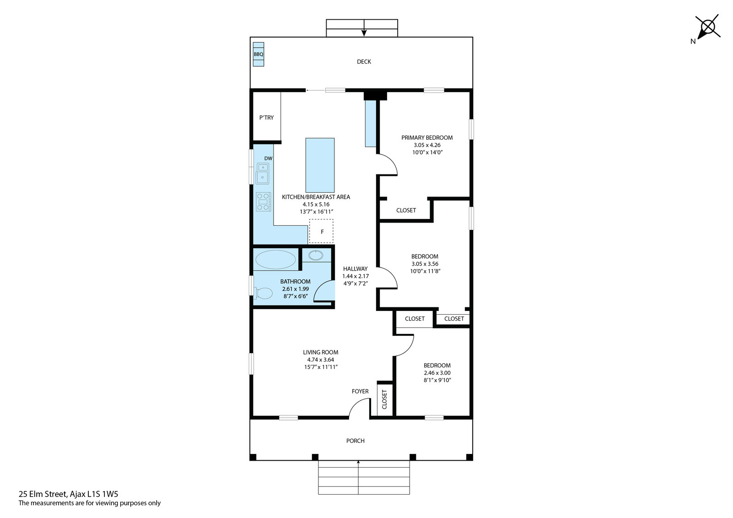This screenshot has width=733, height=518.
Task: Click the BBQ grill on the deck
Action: [x=258, y=55]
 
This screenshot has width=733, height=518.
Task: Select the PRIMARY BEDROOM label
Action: [x=427, y=138]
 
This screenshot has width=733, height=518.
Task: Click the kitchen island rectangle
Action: [x=320, y=165]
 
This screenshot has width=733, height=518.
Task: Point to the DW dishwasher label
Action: [x=268, y=158]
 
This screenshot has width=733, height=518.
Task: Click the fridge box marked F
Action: [x=321, y=231]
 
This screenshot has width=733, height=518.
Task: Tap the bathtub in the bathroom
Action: [x=275, y=260]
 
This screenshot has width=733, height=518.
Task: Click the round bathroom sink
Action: [x=316, y=255]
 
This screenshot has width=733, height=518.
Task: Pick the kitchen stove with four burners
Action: [x=263, y=202]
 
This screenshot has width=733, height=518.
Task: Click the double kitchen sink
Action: [x=263, y=174]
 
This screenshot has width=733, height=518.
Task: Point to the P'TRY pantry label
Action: [x=266, y=117]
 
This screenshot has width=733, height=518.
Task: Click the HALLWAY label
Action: [x=356, y=269]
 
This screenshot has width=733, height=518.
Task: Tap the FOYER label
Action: [x=360, y=392]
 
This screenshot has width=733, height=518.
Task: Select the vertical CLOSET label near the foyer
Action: [x=384, y=399]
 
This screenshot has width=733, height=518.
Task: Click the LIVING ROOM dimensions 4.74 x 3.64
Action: [x=320, y=360]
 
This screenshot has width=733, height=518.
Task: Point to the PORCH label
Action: [x=356, y=441]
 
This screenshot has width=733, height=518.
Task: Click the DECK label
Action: [x=364, y=61]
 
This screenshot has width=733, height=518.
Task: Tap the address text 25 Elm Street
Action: [x=43, y=494]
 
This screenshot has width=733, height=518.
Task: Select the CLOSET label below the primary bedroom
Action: [x=406, y=210]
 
